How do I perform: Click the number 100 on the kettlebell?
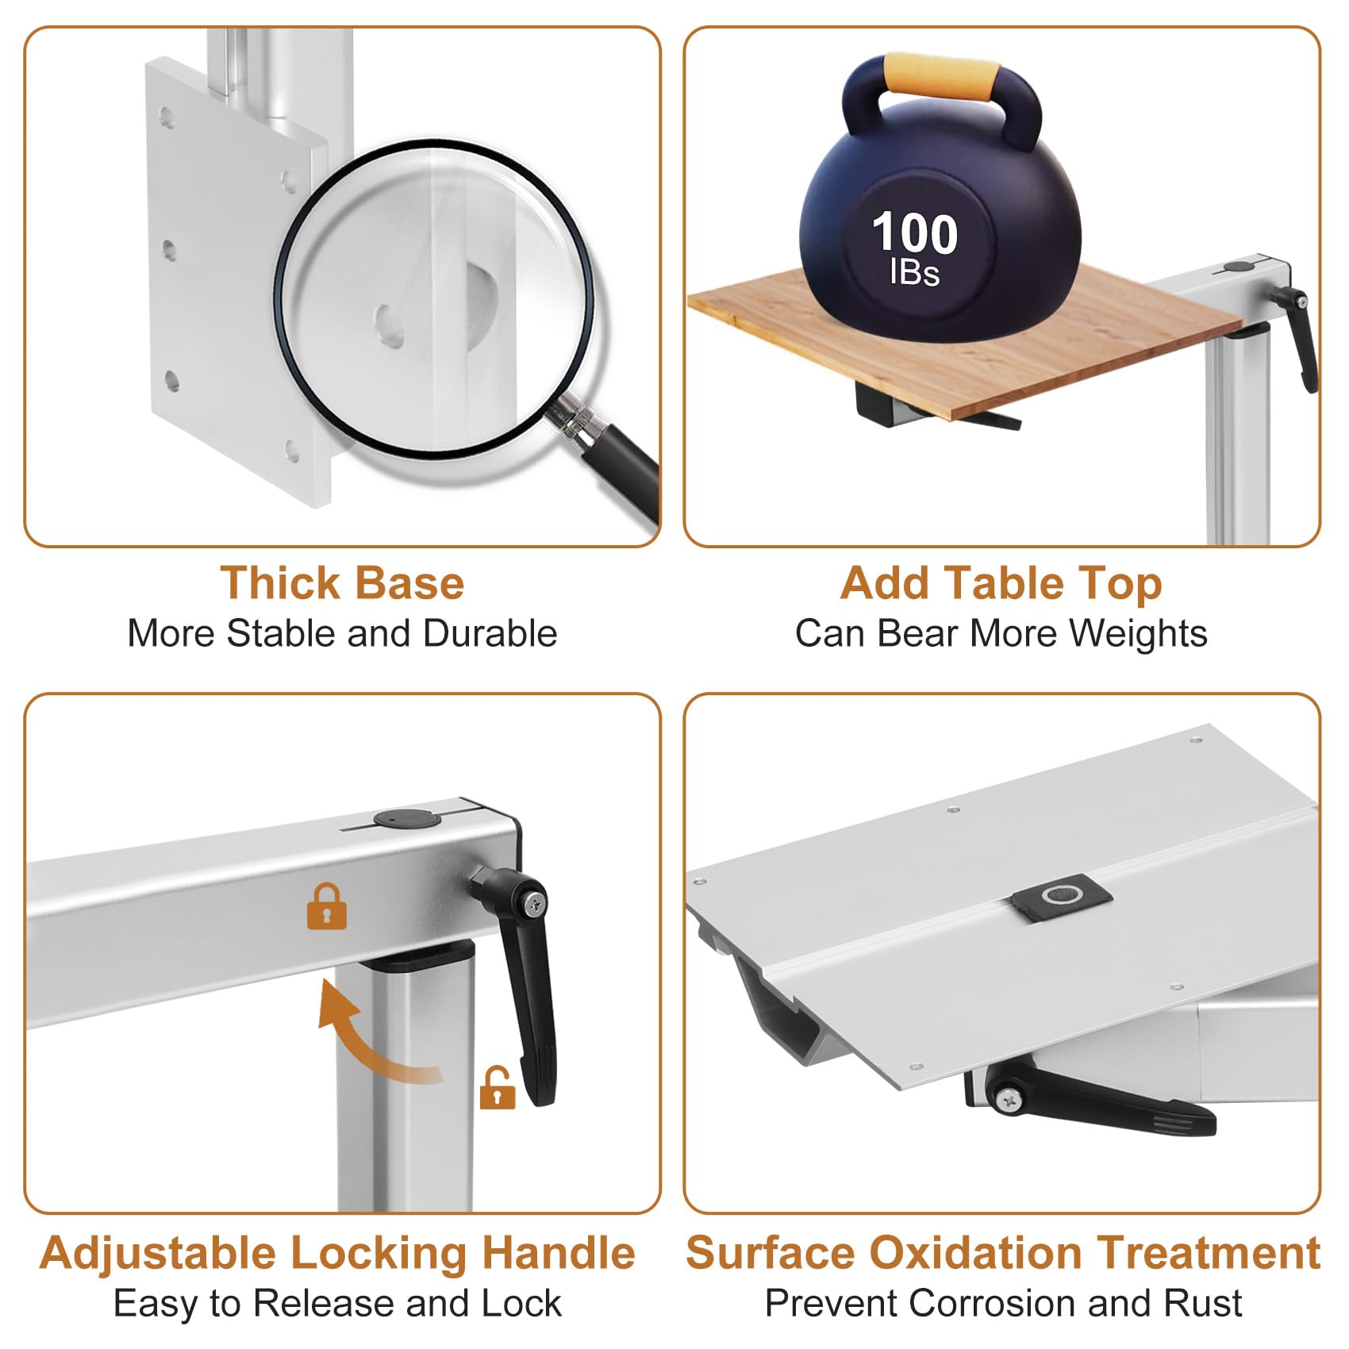[x=914, y=233]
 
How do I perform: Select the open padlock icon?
[x=498, y=1089]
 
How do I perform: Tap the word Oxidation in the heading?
[x=975, y=1253]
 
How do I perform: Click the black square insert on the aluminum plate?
[x=1062, y=897]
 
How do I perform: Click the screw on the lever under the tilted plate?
[x=1009, y=1099]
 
